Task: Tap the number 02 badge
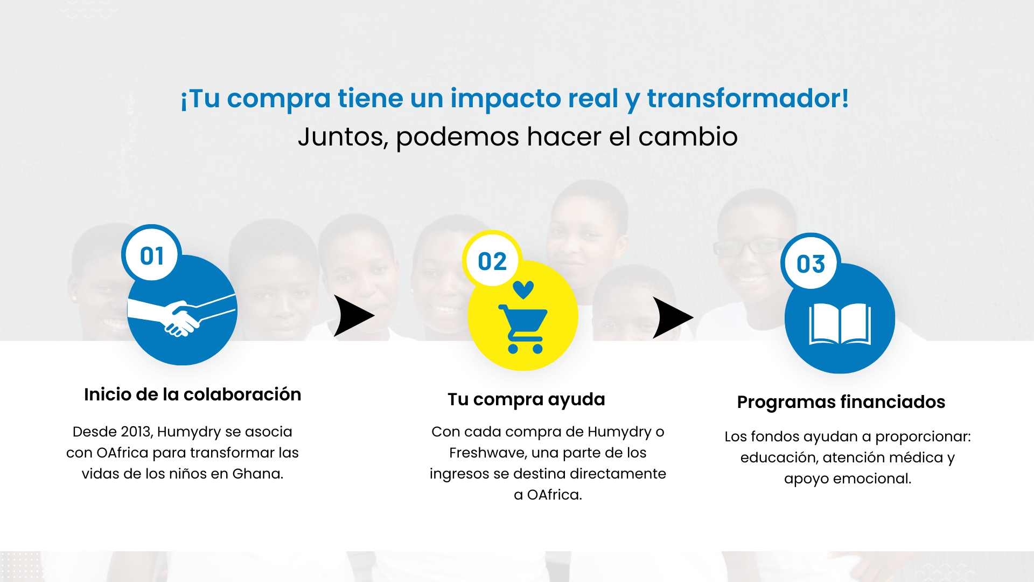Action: [492, 260]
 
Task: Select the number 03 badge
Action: [811, 263]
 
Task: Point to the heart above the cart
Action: [523, 290]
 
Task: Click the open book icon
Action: [840, 323]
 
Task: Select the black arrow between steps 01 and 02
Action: [354, 316]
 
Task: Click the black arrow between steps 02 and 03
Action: [673, 317]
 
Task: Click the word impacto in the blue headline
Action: [534, 99]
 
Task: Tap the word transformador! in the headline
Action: [748, 98]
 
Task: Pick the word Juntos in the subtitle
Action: [343, 137]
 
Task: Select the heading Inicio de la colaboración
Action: [192, 394]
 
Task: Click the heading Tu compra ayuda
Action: [526, 400]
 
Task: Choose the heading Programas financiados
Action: [841, 403]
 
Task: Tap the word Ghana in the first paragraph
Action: [258, 474]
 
